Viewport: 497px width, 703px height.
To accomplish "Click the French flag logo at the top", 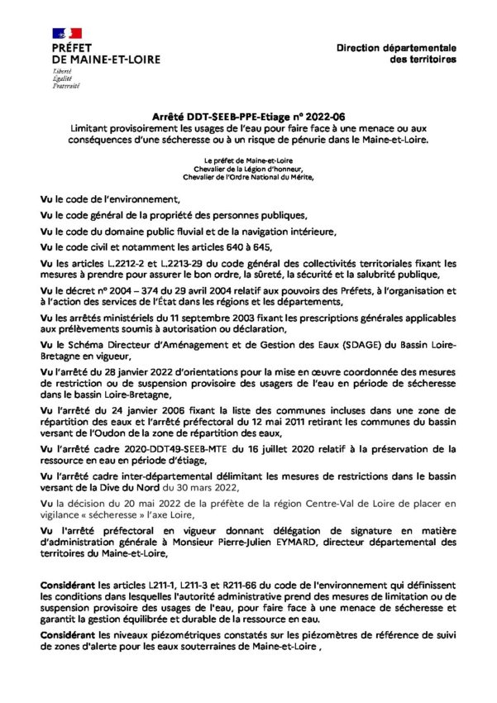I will [67, 33].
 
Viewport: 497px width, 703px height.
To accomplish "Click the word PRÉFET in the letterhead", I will [72, 49].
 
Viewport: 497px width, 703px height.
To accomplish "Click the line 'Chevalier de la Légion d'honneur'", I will [248, 167].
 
